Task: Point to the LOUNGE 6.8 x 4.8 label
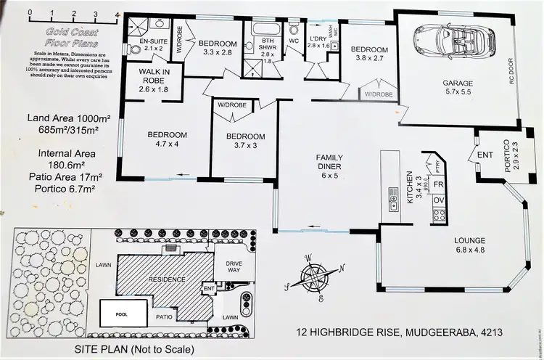click(x=459, y=245)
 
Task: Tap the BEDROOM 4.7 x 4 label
click(x=168, y=139)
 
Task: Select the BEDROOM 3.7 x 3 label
click(x=245, y=142)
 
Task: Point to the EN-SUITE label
click(x=153, y=45)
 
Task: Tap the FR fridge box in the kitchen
click(x=439, y=184)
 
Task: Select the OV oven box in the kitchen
click(x=439, y=200)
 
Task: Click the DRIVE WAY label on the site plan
click(x=231, y=267)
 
